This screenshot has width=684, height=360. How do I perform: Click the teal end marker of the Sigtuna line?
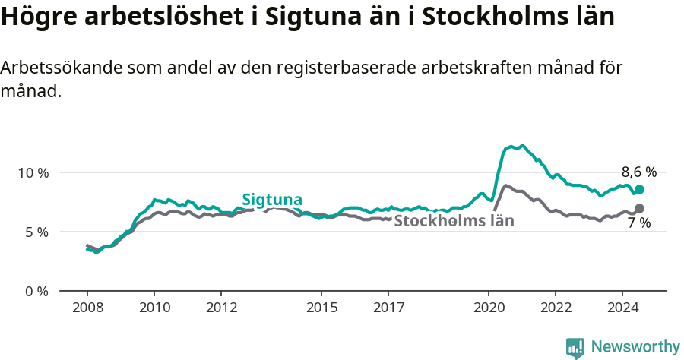(x=639, y=189)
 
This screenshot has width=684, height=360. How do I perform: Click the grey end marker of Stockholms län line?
(x=639, y=208)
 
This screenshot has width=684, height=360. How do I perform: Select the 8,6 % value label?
(x=638, y=172)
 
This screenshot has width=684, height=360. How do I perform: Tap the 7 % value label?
(x=638, y=223)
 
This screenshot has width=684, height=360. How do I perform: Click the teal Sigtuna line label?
(x=272, y=200)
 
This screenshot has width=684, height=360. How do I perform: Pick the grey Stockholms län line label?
(x=454, y=221)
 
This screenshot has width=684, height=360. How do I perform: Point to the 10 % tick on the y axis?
(x=33, y=172)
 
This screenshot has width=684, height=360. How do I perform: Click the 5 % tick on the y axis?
(x=36, y=232)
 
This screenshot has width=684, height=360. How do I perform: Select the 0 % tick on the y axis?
(x=36, y=291)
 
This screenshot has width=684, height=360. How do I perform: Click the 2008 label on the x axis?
(x=87, y=308)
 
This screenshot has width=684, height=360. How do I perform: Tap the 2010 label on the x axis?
(x=154, y=308)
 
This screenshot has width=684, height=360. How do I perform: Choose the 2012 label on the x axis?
(x=220, y=308)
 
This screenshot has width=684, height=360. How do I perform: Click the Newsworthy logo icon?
(x=575, y=348)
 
